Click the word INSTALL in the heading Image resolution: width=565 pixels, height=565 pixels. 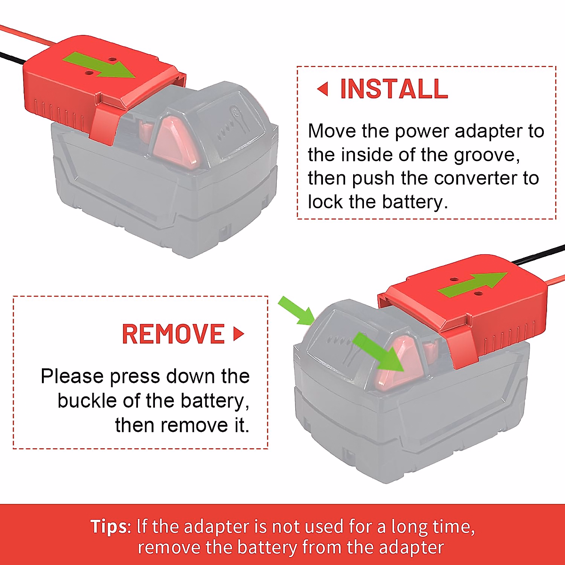(394, 89)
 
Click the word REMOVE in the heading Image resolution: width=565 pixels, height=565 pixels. (173, 334)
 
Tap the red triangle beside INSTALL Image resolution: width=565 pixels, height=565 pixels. (323, 89)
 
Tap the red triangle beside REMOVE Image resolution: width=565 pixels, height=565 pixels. (239, 334)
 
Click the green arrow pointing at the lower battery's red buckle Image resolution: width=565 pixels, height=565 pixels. (379, 353)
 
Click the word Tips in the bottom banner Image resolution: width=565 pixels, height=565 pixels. (108, 526)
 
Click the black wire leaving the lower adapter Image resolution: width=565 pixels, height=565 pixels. (537, 254)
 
